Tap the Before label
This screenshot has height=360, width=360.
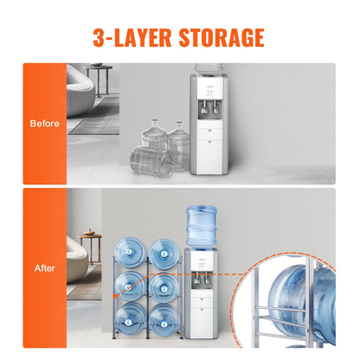click(44, 123)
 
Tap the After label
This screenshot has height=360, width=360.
click(44, 268)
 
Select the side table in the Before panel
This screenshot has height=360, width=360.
click(98, 76)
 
